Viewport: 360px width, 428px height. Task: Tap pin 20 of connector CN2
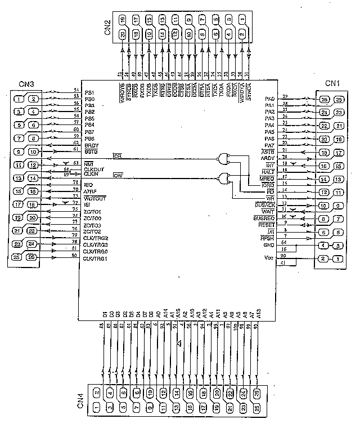[x=124, y=35]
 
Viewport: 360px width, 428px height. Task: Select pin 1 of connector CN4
[x=97, y=407]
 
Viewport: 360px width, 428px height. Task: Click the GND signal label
[x=268, y=245]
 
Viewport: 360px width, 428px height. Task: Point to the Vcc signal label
[x=268, y=258]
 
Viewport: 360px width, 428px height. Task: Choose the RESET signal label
[x=266, y=225]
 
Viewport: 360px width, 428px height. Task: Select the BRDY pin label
[x=91, y=145]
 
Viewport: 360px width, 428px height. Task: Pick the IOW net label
[x=118, y=176]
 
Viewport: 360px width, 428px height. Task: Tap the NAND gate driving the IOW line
[x=227, y=179]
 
